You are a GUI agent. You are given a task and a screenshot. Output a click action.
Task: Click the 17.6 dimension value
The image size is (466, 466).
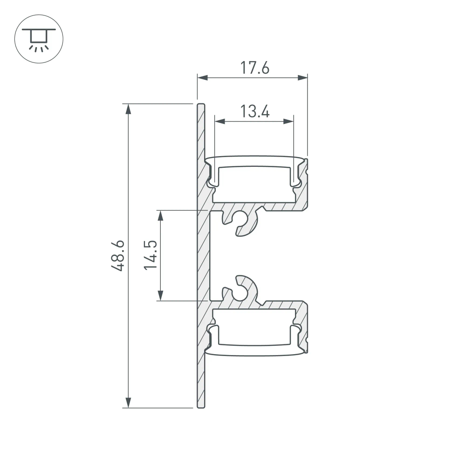tap(255, 68)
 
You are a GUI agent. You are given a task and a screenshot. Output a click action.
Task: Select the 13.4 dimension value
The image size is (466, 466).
tap(255, 112)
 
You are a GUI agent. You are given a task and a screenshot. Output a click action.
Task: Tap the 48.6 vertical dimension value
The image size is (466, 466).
tap(118, 255)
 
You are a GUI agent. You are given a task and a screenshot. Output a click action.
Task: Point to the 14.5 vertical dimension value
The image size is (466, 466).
tap(150, 255)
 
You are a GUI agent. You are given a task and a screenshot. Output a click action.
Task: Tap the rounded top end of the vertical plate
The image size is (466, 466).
tap(200, 105)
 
